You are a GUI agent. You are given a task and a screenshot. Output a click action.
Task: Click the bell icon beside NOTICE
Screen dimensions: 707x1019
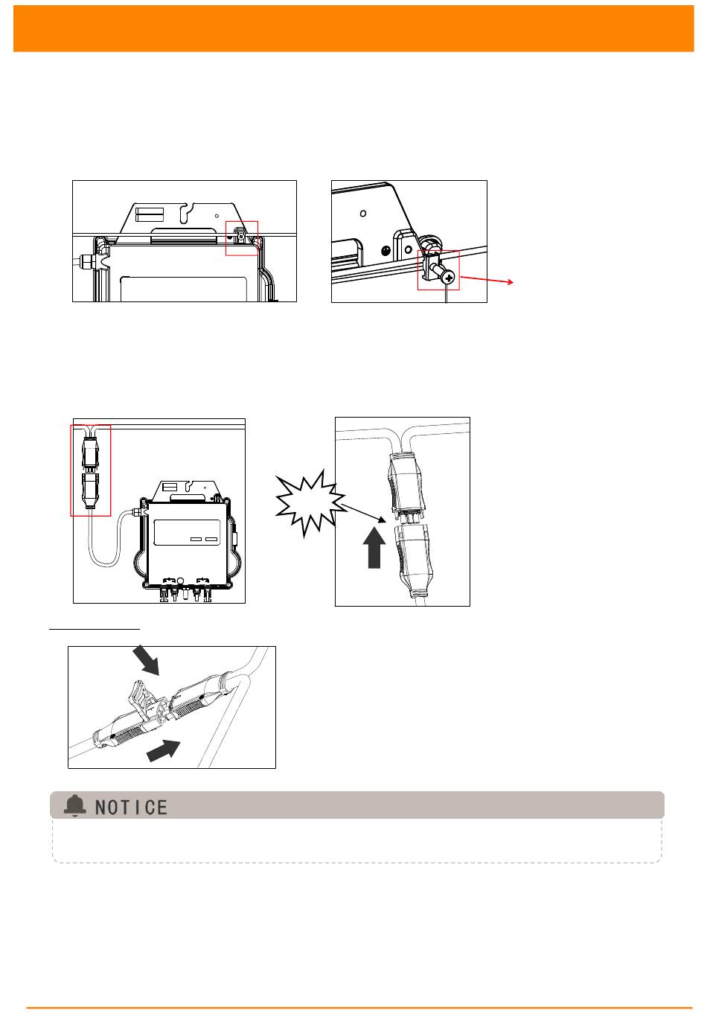75,805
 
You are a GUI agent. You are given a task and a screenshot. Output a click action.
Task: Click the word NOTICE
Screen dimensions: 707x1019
131,808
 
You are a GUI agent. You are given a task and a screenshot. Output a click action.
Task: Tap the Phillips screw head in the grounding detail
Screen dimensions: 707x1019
448,278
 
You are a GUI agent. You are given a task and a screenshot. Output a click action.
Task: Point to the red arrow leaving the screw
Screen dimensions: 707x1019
487,279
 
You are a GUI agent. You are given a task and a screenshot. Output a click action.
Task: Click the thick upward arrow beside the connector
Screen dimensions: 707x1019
374,547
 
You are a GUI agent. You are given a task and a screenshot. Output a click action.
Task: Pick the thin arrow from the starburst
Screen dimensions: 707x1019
364,513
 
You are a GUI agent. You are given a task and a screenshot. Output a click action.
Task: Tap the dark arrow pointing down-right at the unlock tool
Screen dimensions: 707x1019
146,659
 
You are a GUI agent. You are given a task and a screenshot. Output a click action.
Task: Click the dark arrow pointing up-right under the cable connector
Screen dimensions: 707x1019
163,750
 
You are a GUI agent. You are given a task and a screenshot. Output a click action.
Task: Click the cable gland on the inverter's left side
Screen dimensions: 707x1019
86,261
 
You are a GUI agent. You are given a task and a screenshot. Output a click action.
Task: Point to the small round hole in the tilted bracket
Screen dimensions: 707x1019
363,213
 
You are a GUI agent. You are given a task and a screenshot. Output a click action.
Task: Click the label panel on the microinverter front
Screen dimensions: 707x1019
187,532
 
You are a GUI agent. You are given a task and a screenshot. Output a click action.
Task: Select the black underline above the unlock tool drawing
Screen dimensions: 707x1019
95,630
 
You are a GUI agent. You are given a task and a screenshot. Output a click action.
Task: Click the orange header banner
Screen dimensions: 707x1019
353,28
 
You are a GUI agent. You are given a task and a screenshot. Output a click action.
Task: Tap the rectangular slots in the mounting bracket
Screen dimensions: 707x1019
150,214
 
